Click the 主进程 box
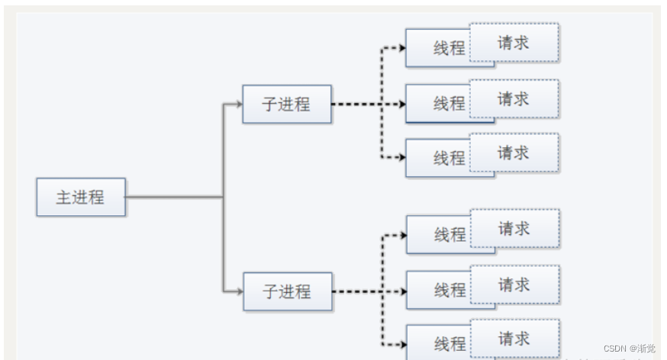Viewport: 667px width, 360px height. click(x=81, y=197)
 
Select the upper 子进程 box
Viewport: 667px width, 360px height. click(x=287, y=104)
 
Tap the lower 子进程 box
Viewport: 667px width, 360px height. click(x=288, y=291)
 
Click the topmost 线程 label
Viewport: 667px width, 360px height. click(x=449, y=48)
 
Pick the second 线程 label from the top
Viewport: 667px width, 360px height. click(x=449, y=104)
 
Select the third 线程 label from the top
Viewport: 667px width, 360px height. click(x=449, y=158)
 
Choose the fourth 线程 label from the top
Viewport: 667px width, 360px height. click(x=449, y=235)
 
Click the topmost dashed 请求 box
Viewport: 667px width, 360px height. click(x=514, y=42)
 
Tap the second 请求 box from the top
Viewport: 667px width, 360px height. click(x=514, y=98)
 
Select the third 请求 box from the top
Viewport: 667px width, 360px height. click(x=514, y=153)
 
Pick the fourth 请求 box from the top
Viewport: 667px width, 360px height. click(x=514, y=228)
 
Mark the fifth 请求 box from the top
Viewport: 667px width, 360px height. click(x=514, y=284)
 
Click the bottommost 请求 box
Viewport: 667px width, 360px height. click(x=514, y=338)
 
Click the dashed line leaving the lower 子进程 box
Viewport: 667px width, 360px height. click(x=356, y=291)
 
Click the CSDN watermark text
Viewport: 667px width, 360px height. click(x=628, y=349)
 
